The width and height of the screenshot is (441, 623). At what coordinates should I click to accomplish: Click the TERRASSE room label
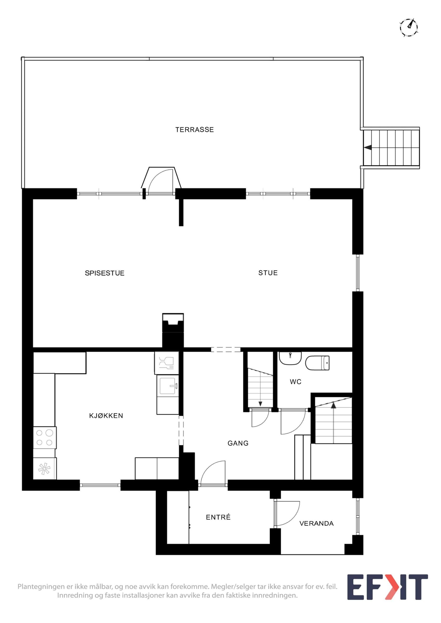(x=194, y=130)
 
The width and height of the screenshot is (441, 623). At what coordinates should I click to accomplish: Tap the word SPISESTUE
(x=105, y=273)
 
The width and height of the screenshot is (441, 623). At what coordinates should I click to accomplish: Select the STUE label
(x=268, y=273)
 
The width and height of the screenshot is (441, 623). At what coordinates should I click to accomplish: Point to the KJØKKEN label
(x=106, y=416)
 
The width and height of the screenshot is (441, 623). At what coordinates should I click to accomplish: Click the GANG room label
(x=238, y=443)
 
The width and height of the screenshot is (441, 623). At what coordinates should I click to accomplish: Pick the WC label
(x=296, y=382)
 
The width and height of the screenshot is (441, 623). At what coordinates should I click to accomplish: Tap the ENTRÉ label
(x=218, y=517)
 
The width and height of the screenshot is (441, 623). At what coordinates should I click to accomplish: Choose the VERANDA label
(x=316, y=523)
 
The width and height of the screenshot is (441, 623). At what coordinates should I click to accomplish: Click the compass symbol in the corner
(x=409, y=28)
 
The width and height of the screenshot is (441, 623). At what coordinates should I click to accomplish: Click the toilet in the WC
(x=317, y=363)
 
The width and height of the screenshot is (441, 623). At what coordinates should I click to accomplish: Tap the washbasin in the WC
(x=290, y=358)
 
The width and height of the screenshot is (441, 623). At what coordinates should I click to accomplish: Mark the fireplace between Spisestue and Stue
(x=173, y=330)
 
